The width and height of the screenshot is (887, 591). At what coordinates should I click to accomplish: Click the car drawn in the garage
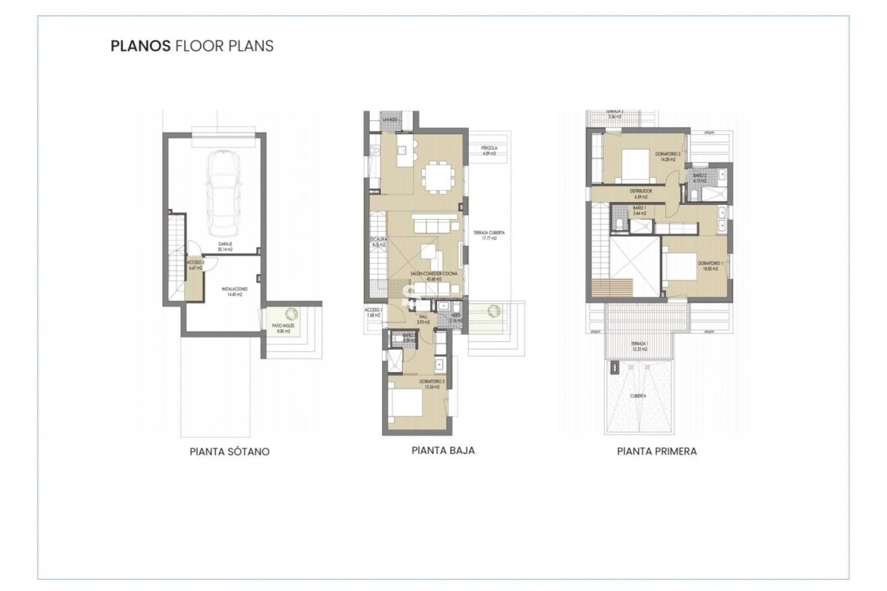[224, 193]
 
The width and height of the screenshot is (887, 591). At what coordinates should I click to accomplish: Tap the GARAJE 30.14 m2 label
[225, 246]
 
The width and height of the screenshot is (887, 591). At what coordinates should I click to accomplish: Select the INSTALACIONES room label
[235, 291]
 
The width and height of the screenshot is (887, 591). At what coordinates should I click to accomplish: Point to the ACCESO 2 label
[195, 265]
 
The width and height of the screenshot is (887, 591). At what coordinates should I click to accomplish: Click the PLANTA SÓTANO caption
[230, 452]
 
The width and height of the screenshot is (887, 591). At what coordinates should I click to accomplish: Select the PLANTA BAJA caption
[443, 450]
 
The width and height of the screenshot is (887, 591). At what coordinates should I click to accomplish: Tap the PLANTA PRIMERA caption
[656, 451]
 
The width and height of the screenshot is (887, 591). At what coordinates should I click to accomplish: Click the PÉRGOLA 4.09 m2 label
[489, 151]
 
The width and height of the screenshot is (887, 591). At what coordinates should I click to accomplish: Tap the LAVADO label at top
[390, 120]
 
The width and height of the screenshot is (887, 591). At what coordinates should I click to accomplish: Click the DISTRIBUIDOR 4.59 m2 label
[641, 193]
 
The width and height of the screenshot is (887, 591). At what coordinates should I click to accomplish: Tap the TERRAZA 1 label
[640, 346]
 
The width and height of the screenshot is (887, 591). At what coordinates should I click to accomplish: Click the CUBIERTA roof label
[638, 396]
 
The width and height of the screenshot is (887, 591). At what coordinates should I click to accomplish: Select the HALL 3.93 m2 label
[423, 319]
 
